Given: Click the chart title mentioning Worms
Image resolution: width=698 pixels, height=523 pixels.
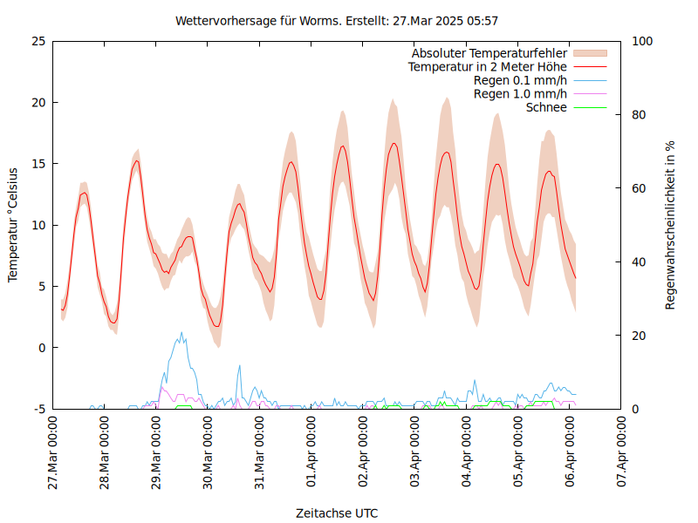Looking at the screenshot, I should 337,20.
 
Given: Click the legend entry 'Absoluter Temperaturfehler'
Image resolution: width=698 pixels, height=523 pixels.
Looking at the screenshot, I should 489,52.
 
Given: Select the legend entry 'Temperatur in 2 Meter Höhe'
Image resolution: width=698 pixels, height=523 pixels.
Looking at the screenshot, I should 488,66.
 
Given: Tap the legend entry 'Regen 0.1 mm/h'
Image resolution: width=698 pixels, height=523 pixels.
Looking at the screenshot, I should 520,80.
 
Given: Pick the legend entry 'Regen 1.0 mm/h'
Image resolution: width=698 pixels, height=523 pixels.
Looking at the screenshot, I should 520,94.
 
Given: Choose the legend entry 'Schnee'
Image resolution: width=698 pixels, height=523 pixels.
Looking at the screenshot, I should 547,107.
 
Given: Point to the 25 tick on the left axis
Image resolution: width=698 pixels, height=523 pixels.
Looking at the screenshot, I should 38,41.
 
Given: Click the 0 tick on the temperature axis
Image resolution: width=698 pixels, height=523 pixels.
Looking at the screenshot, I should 41,348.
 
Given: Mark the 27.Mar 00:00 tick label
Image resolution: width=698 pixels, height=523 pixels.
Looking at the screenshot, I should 53,453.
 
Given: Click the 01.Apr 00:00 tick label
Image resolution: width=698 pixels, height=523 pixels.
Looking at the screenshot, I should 311,453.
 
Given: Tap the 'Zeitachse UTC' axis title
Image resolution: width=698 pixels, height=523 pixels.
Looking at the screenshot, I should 337,513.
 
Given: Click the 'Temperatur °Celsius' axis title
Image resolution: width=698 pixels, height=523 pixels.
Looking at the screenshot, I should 13,225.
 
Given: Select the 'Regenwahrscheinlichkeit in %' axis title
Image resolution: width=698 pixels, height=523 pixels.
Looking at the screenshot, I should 670,225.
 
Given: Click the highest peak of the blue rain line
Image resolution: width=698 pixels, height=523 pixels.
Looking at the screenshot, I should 181,332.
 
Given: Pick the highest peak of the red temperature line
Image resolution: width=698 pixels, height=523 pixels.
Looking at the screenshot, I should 394,143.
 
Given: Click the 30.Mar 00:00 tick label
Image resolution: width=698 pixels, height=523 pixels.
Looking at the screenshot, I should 209,453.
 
